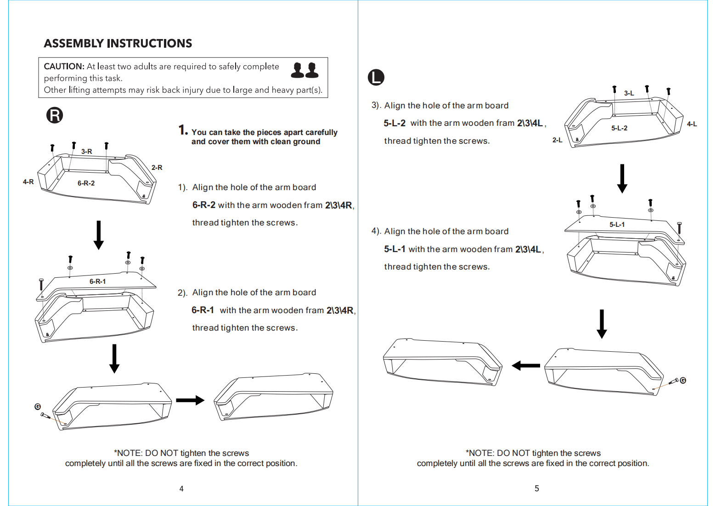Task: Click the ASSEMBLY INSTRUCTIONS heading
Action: pyautogui.click(x=118, y=43)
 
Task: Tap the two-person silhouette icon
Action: pyautogui.click(x=304, y=70)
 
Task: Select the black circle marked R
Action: pyautogui.click(x=55, y=115)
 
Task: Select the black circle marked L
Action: pyautogui.click(x=376, y=77)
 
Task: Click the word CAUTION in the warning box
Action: pyautogui.click(x=64, y=67)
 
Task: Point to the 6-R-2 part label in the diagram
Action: pyautogui.click(x=86, y=183)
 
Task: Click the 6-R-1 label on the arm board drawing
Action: pyautogui.click(x=97, y=281)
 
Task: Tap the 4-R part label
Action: pyautogui.click(x=28, y=182)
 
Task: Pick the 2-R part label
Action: pyautogui.click(x=157, y=168)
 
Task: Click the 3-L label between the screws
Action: pyautogui.click(x=629, y=93)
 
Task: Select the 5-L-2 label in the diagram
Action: pyautogui.click(x=619, y=128)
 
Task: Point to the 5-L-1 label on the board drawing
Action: pyautogui.click(x=617, y=225)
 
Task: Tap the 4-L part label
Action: pyautogui.click(x=692, y=124)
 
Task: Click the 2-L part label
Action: pyautogui.click(x=557, y=140)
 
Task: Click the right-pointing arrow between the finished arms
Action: pyautogui.click(x=190, y=400)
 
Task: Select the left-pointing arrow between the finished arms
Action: pyautogui.click(x=526, y=365)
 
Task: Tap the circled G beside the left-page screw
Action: pyautogui.click(x=38, y=406)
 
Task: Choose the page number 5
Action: pyautogui.click(x=537, y=489)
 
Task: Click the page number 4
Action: pyautogui.click(x=181, y=489)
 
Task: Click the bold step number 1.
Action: pyautogui.click(x=183, y=130)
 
